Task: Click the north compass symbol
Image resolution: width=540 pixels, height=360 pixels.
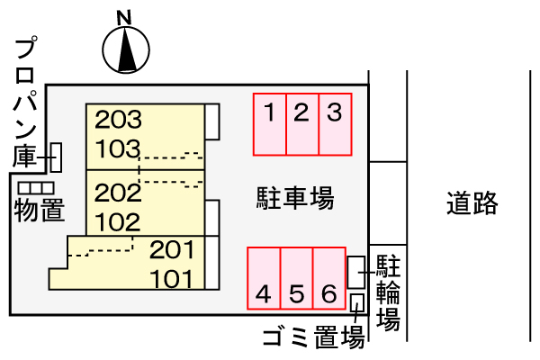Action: click(125, 49)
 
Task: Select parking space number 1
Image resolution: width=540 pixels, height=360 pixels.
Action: click(269, 123)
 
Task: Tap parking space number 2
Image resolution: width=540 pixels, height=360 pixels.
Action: click(301, 123)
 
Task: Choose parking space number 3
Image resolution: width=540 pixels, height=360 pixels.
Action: click(334, 123)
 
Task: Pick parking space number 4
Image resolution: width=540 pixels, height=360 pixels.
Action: click(264, 278)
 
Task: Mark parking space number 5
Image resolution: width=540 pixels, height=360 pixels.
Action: click(297, 278)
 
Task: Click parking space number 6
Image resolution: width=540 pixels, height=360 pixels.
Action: click(329, 278)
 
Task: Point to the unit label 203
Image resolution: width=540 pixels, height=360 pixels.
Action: click(118, 118)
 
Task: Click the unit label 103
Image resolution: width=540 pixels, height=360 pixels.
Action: click(118, 148)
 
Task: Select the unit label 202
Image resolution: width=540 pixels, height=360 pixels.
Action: click(118, 193)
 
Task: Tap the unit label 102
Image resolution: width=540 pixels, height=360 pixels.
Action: click(118, 221)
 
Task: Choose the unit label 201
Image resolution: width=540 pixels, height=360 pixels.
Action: click(172, 249)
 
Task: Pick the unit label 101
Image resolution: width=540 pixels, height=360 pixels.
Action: click(172, 278)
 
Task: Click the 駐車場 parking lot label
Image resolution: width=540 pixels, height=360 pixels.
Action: click(295, 198)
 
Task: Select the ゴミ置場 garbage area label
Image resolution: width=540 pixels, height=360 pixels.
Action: click(313, 338)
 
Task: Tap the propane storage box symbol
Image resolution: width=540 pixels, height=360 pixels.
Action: click(55, 157)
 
